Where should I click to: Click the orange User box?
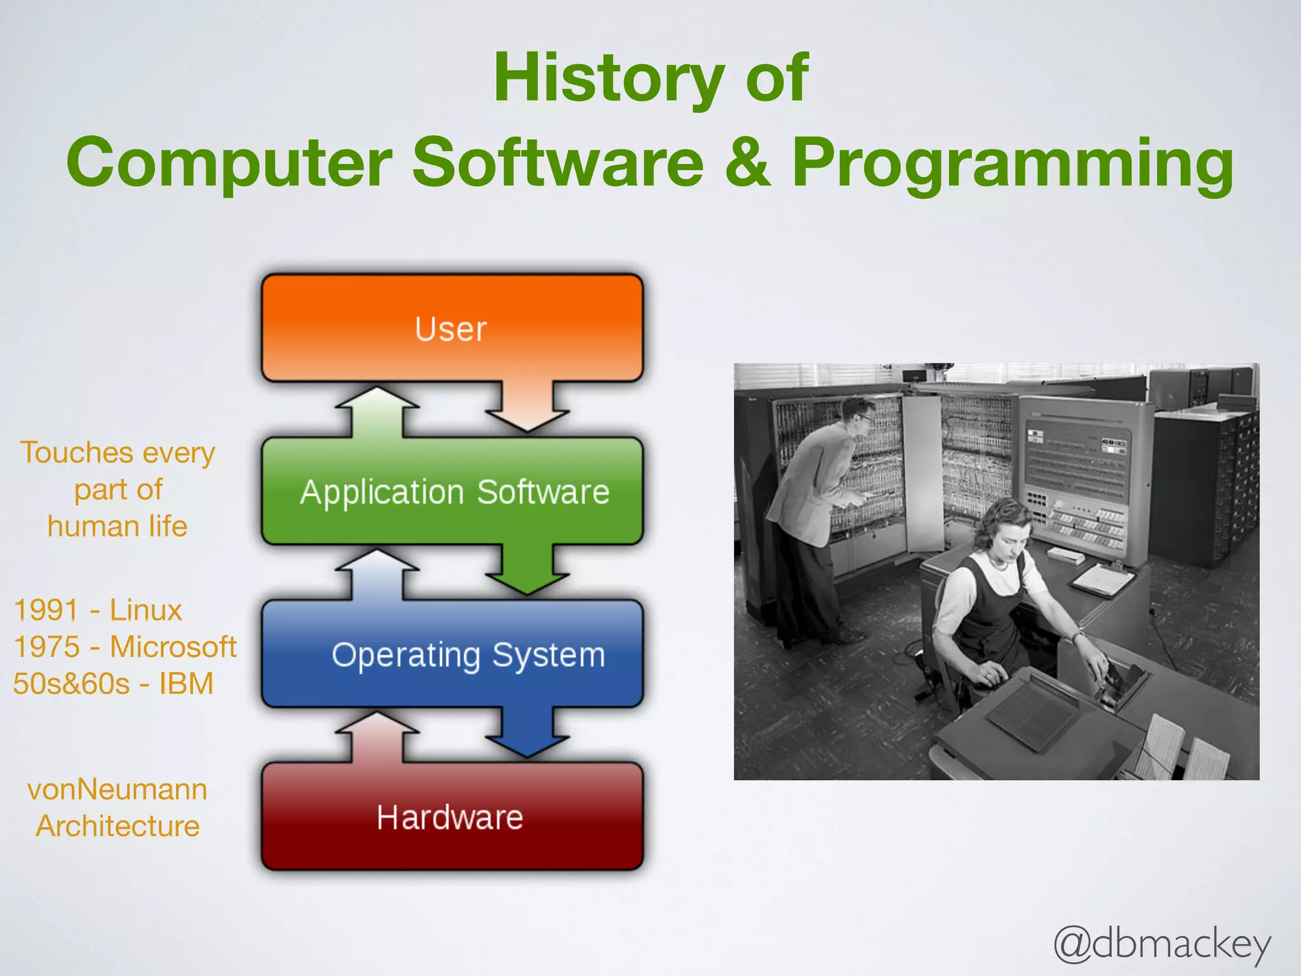pyautogui.click(x=452, y=329)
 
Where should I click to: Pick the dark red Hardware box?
pyautogui.click(x=452, y=817)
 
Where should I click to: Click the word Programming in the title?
pyautogui.click(x=1013, y=164)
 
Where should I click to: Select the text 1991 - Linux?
pyautogui.click(x=98, y=610)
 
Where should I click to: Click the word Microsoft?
pyautogui.click(x=173, y=647)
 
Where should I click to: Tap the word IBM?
pyautogui.click(x=185, y=684)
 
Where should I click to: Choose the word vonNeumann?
pyautogui.click(x=118, y=790)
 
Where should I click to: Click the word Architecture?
pyautogui.click(x=118, y=826)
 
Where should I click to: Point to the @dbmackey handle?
pyautogui.click(x=1162, y=945)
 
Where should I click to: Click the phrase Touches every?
pyautogui.click(x=118, y=453)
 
